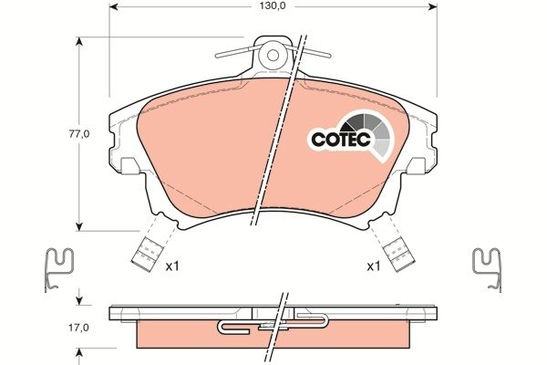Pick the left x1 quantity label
(171, 266)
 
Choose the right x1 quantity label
(372, 266)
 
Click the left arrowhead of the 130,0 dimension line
(113, 5)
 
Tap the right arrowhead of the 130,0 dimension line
(432, 5)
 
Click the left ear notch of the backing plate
(130, 165)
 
